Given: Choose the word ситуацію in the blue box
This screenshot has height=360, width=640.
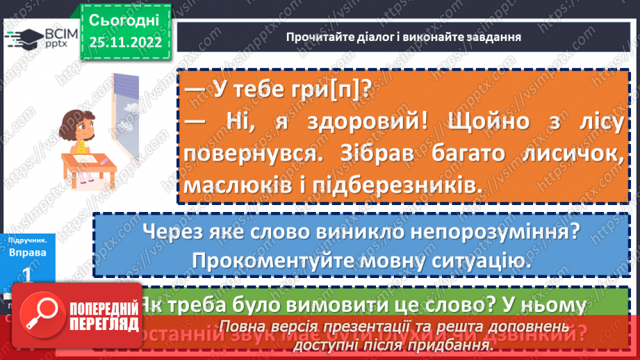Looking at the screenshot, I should click(x=473, y=261).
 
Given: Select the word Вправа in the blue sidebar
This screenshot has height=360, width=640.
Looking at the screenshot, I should click(x=27, y=253).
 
